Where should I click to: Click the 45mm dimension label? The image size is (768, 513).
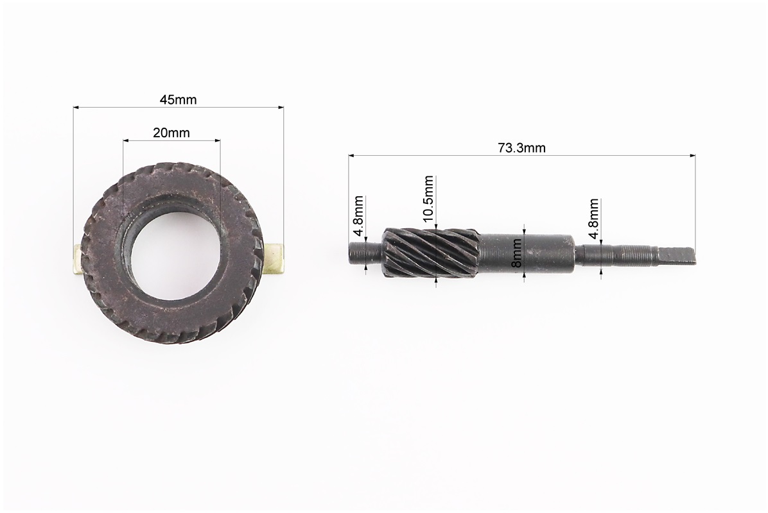(179, 100)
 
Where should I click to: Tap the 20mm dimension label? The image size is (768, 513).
(171, 133)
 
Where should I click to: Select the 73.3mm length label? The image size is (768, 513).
(521, 147)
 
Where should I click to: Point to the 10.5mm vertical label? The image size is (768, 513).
(428, 199)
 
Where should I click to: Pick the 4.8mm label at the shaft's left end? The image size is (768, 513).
(358, 210)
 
